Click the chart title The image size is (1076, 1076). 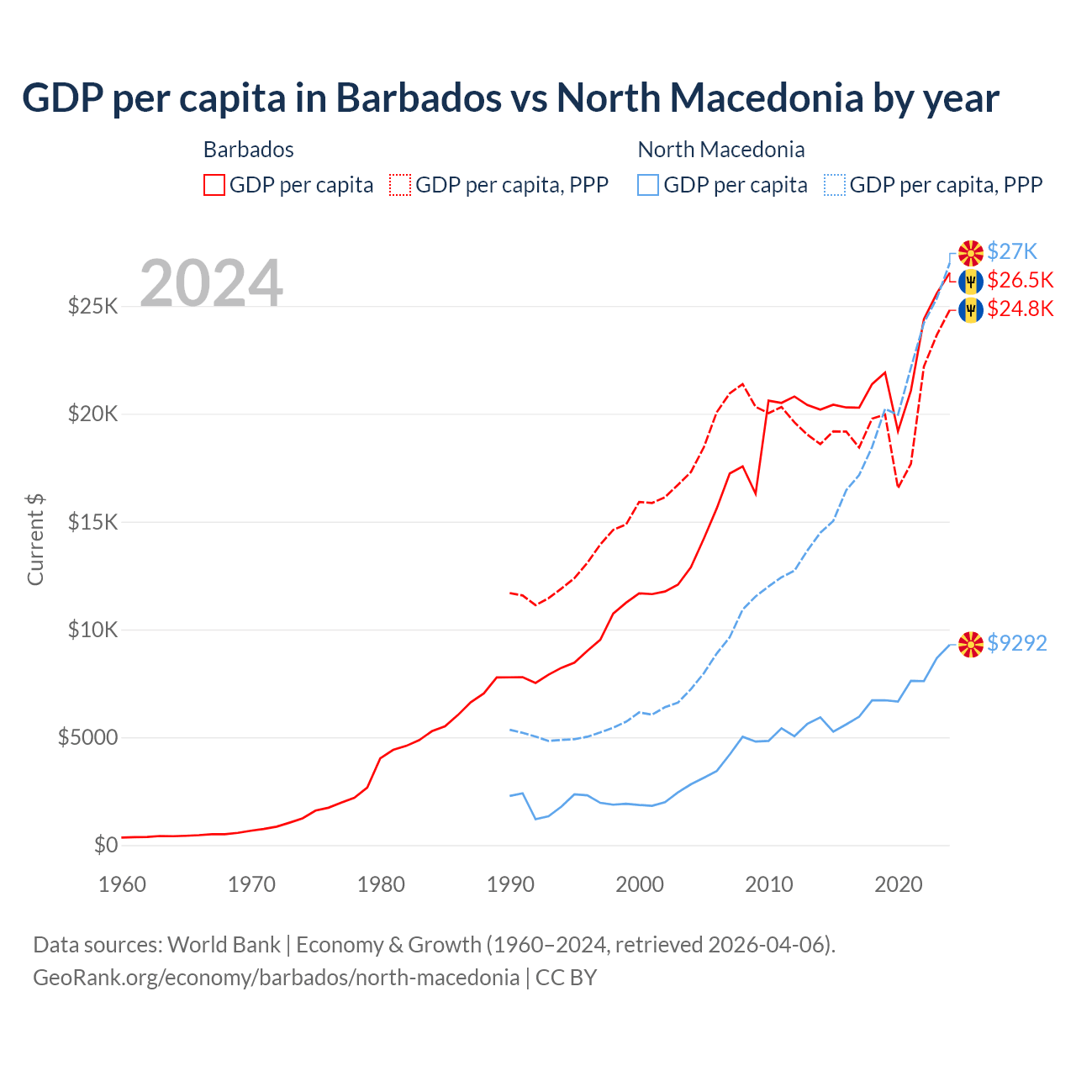[x=510, y=98]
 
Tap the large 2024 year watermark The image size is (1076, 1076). [x=211, y=283]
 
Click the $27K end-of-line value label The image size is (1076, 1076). [x=1012, y=251]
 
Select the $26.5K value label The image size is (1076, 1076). [x=1020, y=280]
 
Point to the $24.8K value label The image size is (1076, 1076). [x=1020, y=309]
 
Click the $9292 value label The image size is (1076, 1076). [x=1016, y=643]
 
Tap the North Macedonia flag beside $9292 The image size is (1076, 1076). [x=971, y=644]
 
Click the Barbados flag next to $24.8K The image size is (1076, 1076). [x=971, y=309]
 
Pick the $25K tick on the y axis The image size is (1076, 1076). [x=92, y=306]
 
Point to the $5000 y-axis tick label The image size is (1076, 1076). [x=87, y=738]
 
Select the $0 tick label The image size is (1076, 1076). [x=105, y=845]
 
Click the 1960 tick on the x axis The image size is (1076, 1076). [x=123, y=884]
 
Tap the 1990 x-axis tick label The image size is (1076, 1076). [x=510, y=884]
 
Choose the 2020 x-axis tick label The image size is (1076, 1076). [x=899, y=884]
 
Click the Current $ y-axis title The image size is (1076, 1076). [x=35, y=540]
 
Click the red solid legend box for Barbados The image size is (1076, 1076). [x=214, y=185]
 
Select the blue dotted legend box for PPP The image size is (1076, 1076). [x=835, y=185]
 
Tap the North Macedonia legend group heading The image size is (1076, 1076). [x=721, y=150]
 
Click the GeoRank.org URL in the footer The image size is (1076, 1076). [x=276, y=978]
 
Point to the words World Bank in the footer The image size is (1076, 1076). [x=224, y=945]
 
